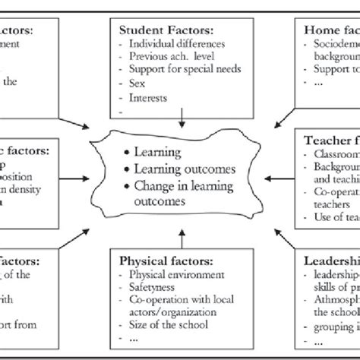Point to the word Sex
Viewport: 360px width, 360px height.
point(137,82)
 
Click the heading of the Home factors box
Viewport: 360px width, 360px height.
point(330,31)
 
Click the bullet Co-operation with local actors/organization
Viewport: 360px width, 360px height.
point(178,306)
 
